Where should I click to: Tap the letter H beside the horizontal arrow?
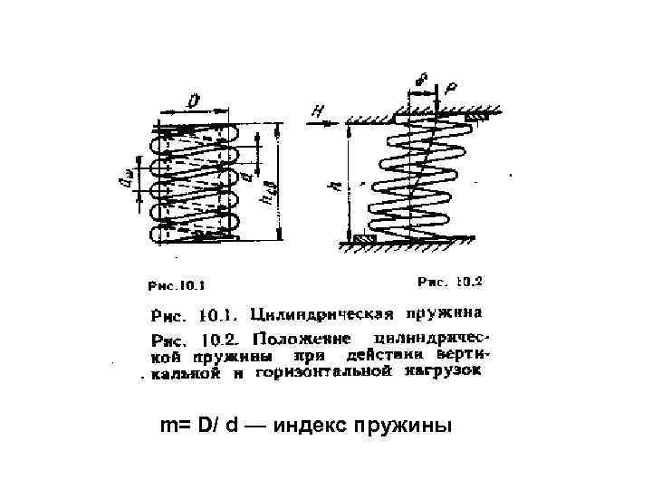click(x=316, y=110)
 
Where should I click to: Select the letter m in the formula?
click(x=167, y=426)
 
